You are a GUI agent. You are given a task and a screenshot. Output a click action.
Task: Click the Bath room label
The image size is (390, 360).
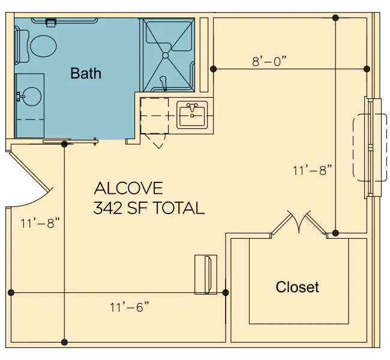(x=86, y=73)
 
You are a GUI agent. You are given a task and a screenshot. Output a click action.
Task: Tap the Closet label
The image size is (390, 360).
(x=297, y=287)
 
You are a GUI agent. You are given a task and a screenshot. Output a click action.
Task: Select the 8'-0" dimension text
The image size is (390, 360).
(x=269, y=61)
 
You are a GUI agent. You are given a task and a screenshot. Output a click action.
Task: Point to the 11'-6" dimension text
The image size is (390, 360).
(x=130, y=307)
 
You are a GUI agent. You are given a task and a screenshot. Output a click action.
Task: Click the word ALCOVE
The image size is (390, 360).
(x=128, y=188)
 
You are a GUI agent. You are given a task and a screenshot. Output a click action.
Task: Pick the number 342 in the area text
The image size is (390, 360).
(x=107, y=208)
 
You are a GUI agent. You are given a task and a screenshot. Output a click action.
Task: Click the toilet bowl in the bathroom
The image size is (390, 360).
(x=43, y=46)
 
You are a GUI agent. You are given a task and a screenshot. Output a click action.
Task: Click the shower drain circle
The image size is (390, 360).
(x=166, y=55)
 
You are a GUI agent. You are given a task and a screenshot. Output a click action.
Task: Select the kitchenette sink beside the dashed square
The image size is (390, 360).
(x=192, y=115)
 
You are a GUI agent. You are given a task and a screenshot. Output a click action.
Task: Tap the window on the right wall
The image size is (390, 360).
(x=373, y=147)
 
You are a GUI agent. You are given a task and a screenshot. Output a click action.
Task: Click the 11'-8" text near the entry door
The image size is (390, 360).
(x=40, y=223)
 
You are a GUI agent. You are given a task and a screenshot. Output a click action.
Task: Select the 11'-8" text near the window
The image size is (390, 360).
(x=313, y=170)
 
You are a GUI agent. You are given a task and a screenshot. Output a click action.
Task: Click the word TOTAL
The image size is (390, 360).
(x=178, y=208)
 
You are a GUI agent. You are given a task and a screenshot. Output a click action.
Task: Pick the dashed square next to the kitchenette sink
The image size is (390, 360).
(x=154, y=116)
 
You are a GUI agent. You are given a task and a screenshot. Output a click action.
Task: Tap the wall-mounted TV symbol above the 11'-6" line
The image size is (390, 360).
(x=206, y=274)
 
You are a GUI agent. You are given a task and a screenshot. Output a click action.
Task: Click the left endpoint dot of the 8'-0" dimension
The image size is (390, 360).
(x=213, y=69)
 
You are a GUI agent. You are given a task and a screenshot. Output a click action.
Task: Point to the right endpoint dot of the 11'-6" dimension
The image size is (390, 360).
(x=226, y=293)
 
